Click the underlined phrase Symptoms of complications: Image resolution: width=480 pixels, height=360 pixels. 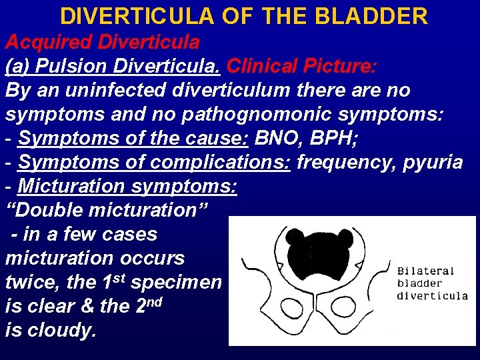(154, 163)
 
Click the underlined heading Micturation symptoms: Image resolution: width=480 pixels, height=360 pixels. (127, 187)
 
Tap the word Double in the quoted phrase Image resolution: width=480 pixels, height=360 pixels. (47, 211)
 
